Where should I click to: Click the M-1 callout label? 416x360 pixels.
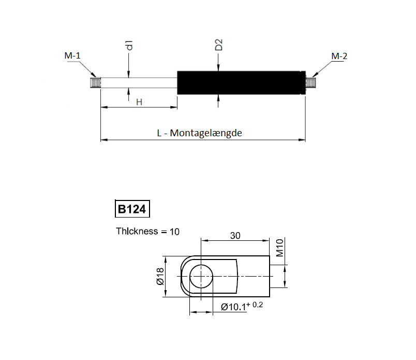(72, 56)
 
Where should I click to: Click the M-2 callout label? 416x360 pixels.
(339, 56)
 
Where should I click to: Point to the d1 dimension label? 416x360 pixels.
(129, 45)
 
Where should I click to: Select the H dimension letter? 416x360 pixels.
(139, 102)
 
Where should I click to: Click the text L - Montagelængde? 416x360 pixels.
(199, 133)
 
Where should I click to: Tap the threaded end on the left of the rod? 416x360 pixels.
(95, 83)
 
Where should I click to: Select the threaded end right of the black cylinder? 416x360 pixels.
(310, 83)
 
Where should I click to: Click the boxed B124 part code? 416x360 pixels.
(132, 209)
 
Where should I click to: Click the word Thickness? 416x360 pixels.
(137, 231)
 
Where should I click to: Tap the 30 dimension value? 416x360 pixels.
(235, 235)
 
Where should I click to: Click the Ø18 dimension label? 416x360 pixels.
(159, 277)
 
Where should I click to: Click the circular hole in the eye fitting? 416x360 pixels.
(201, 277)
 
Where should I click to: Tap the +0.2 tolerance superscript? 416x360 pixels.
(257, 305)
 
